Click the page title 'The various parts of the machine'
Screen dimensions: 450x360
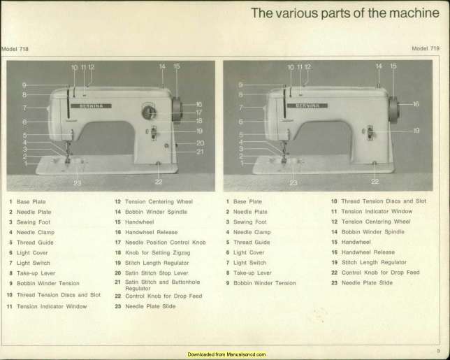(345, 13)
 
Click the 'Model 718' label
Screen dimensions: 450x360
(15, 49)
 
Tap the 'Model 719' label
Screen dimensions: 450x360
(426, 48)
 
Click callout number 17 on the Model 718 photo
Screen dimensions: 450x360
(199, 113)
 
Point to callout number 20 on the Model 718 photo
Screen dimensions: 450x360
(201, 143)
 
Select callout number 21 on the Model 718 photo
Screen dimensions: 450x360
(200, 152)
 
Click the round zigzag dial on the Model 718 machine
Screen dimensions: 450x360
(149, 113)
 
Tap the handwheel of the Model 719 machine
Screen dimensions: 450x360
(394, 110)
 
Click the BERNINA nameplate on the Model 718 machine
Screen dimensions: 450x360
(91, 106)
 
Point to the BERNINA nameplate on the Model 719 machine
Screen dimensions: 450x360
(307, 106)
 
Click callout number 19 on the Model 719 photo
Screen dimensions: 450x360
(416, 131)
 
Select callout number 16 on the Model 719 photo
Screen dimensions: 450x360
(416, 104)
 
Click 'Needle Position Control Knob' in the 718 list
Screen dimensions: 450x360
(166, 243)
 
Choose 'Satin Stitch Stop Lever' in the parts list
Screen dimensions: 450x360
(157, 273)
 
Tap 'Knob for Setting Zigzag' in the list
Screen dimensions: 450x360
(157, 252)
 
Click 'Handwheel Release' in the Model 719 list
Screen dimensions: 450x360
(368, 252)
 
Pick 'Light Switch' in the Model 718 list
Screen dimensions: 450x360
(34, 263)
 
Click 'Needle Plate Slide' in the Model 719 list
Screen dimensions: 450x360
(367, 283)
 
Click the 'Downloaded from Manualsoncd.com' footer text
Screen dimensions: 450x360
(226, 354)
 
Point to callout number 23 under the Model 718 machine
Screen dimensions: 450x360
(77, 183)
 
